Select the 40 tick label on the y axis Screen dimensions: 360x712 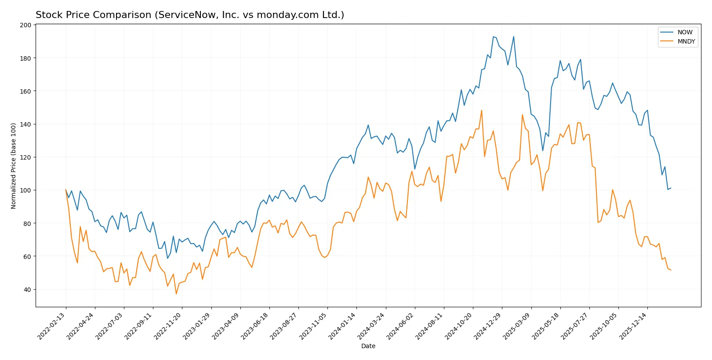(27, 289)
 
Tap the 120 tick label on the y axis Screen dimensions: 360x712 (25, 157)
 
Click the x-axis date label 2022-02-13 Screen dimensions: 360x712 (52, 326)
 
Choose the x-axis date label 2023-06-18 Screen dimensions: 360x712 (255, 326)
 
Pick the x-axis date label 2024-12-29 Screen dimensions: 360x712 (488, 326)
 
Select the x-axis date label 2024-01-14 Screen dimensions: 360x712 (342, 326)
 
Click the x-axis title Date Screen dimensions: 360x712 (368, 346)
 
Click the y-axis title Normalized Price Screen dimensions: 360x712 (13, 166)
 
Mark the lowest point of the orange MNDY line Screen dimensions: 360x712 (176, 294)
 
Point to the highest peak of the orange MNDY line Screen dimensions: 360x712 (482, 110)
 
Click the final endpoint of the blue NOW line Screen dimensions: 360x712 (671, 188)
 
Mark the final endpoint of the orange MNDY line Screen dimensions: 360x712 (671, 270)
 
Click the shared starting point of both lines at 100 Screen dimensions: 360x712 (66, 190)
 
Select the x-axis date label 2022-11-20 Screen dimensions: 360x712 (168, 326)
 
